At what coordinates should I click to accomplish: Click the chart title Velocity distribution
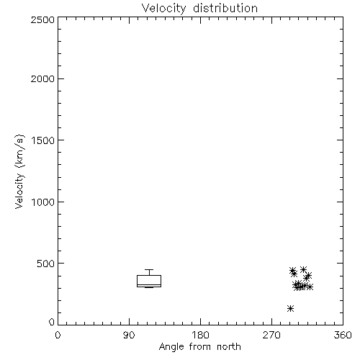(199, 8)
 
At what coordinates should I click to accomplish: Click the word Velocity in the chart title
(164, 8)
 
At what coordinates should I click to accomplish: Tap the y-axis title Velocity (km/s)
(19, 171)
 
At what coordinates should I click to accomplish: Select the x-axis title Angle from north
(199, 347)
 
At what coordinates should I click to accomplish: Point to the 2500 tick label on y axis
(42, 19)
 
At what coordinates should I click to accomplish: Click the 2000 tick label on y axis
(42, 78)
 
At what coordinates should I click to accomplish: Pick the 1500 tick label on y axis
(43, 140)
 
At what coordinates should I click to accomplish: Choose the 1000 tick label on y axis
(43, 202)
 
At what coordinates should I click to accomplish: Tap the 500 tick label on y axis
(46, 264)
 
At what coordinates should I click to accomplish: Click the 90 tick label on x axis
(129, 335)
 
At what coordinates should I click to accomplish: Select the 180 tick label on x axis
(200, 335)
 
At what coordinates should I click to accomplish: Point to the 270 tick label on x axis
(271, 335)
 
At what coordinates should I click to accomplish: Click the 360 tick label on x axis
(343, 335)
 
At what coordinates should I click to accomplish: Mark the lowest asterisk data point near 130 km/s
(291, 308)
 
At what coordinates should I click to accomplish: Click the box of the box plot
(149, 275)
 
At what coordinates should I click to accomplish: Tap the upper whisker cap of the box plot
(149, 270)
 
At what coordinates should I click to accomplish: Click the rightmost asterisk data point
(310, 287)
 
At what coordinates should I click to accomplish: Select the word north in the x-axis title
(229, 347)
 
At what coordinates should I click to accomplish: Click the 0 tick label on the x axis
(58, 335)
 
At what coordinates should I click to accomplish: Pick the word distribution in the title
(225, 8)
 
